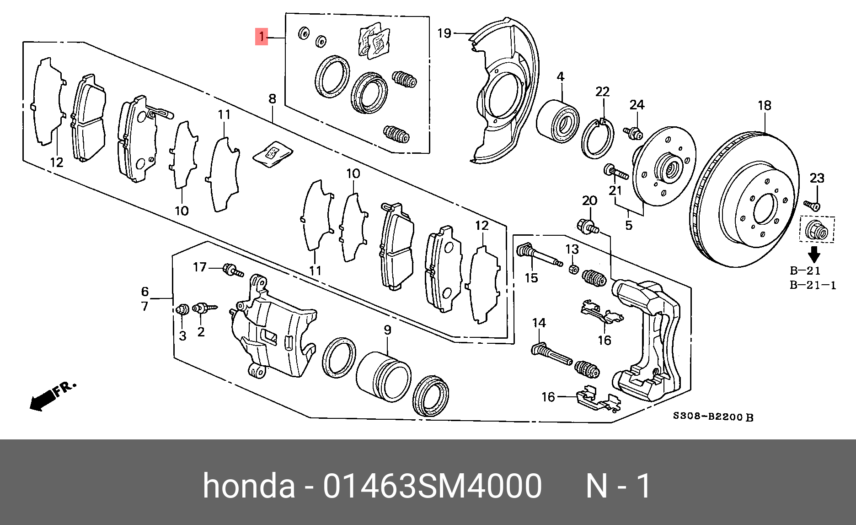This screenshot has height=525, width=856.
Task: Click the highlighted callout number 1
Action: [x=261, y=36]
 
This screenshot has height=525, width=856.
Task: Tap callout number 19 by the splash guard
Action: [x=444, y=33]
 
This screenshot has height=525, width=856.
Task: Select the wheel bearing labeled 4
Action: [x=557, y=121]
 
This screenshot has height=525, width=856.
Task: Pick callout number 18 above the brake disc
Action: [x=764, y=106]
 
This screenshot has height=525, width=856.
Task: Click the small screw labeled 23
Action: [x=812, y=205]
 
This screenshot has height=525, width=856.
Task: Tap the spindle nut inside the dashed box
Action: [x=817, y=230]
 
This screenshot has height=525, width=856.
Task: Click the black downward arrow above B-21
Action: [x=814, y=254]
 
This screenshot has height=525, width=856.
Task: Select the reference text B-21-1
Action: [x=813, y=285]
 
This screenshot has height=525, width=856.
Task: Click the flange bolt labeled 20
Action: [x=588, y=227]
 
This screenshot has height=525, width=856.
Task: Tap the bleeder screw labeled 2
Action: [x=203, y=308]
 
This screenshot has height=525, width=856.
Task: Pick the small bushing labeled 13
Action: [x=573, y=269]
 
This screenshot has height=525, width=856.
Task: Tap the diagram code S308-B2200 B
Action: [x=712, y=417]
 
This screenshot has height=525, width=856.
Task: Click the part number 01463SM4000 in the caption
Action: [x=432, y=486]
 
